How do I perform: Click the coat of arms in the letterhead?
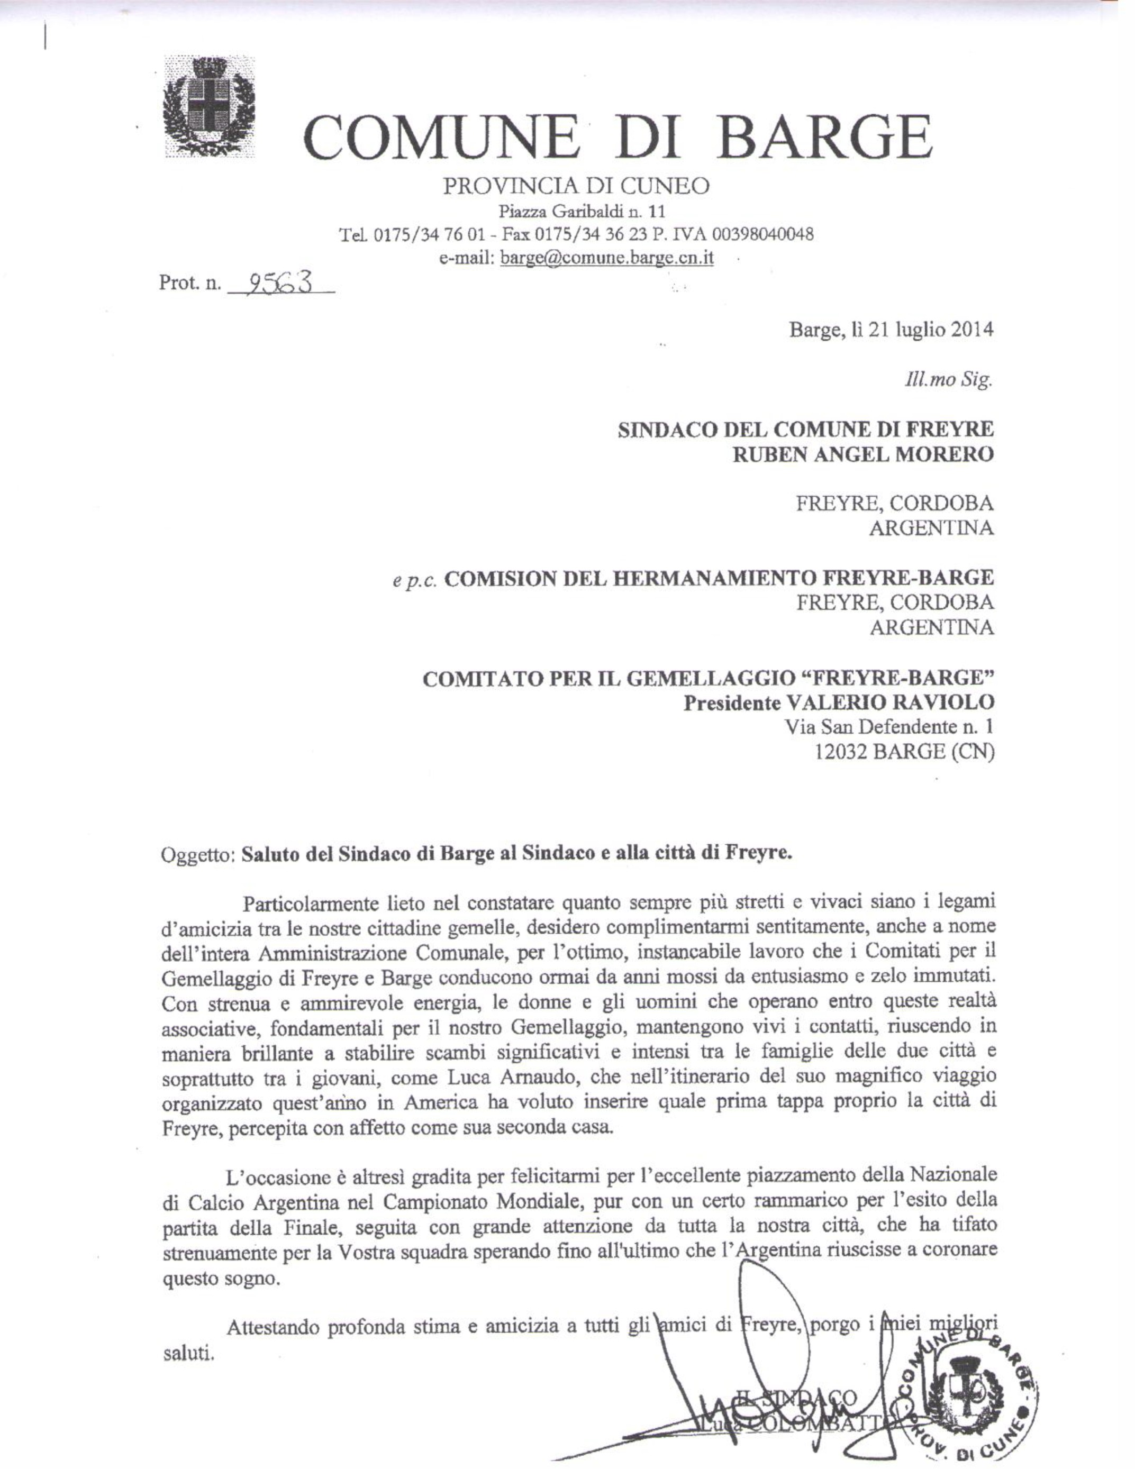pyautogui.click(x=209, y=108)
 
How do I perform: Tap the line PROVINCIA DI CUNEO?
pyautogui.click(x=575, y=186)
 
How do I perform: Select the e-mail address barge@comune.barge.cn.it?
pyautogui.click(x=606, y=258)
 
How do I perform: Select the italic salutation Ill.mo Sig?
pyautogui.click(x=949, y=381)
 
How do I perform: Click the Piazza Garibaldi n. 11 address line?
pyautogui.click(x=582, y=212)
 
